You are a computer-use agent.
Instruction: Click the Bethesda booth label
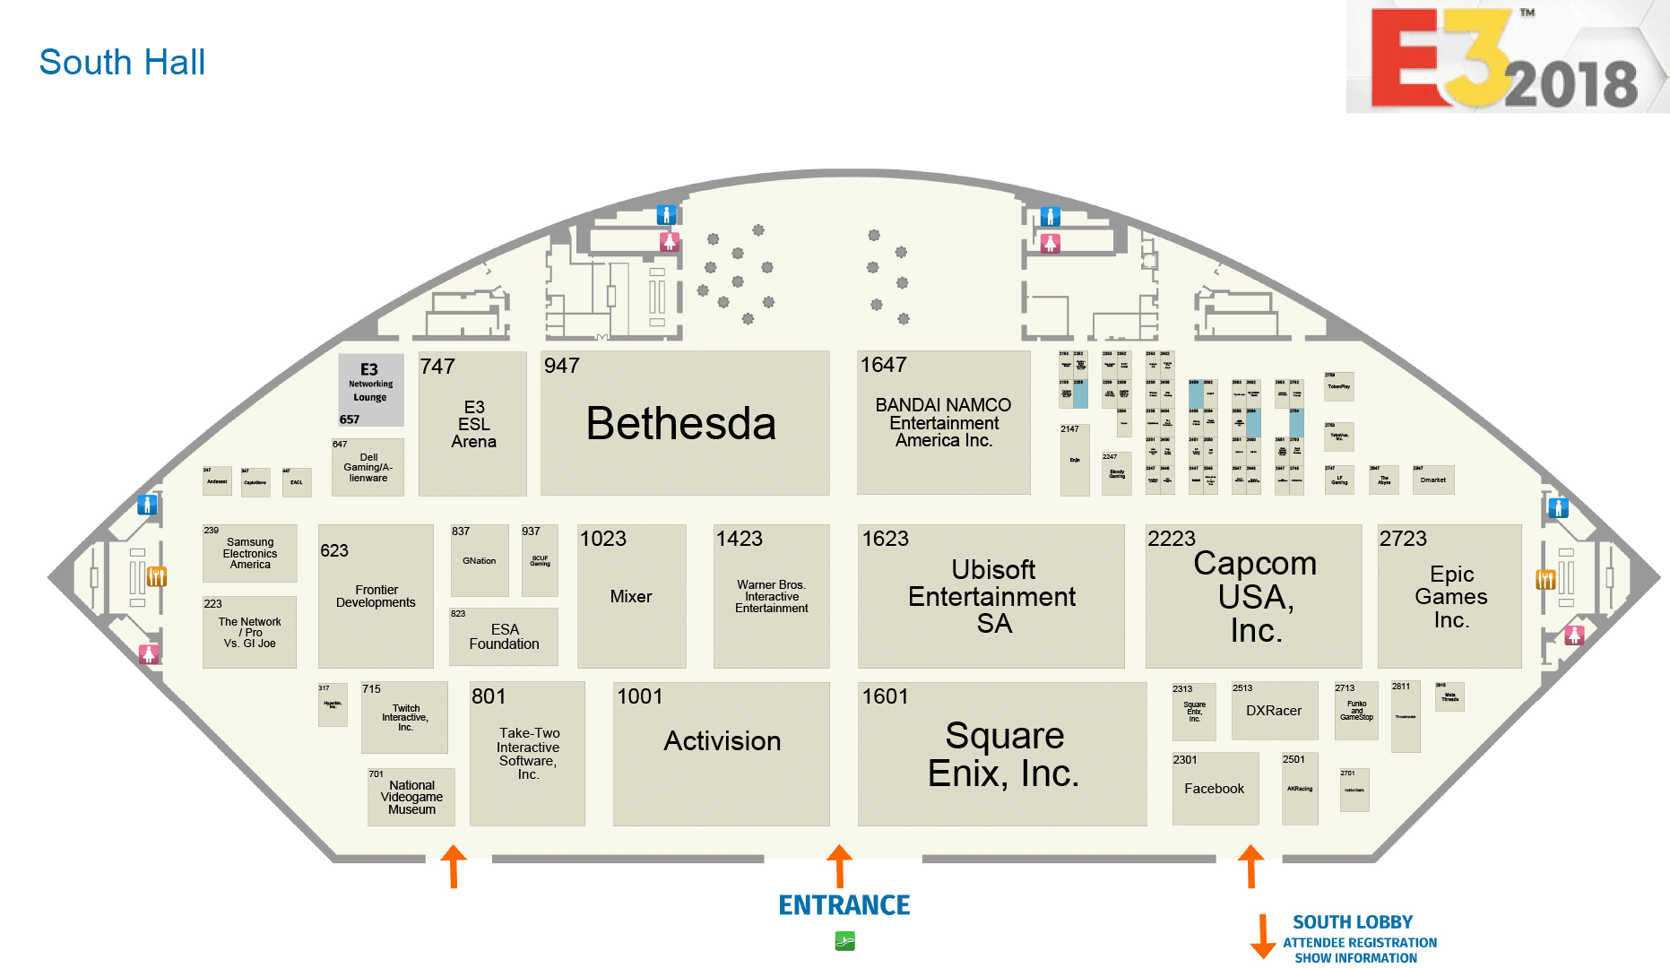[x=680, y=424]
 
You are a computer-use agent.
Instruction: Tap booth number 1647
[x=883, y=366]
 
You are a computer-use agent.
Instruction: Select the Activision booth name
[x=722, y=741]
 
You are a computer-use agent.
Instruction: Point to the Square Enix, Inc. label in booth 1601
[x=1003, y=755]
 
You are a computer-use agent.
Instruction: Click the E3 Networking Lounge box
[x=370, y=388]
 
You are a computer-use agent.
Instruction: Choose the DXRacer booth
[x=1274, y=711]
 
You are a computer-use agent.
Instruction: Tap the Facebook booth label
[x=1214, y=789]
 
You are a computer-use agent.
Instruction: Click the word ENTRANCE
[x=844, y=905]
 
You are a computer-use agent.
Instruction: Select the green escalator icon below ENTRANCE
[x=844, y=941]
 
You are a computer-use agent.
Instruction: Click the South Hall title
[x=122, y=63]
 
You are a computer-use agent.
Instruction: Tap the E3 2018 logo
[x=1505, y=59]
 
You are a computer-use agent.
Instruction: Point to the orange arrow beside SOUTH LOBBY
[x=1262, y=937]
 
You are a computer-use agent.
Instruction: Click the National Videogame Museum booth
[x=411, y=797]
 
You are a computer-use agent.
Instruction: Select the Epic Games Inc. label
[x=1450, y=597]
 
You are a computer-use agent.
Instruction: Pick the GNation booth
[x=479, y=561]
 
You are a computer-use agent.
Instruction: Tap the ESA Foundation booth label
[x=504, y=636]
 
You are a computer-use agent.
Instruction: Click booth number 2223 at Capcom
[x=1171, y=539]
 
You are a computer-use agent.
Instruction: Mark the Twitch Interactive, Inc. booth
[x=405, y=718]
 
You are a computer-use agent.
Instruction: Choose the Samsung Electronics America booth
[x=249, y=554]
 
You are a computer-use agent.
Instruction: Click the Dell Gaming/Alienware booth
[x=368, y=468]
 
